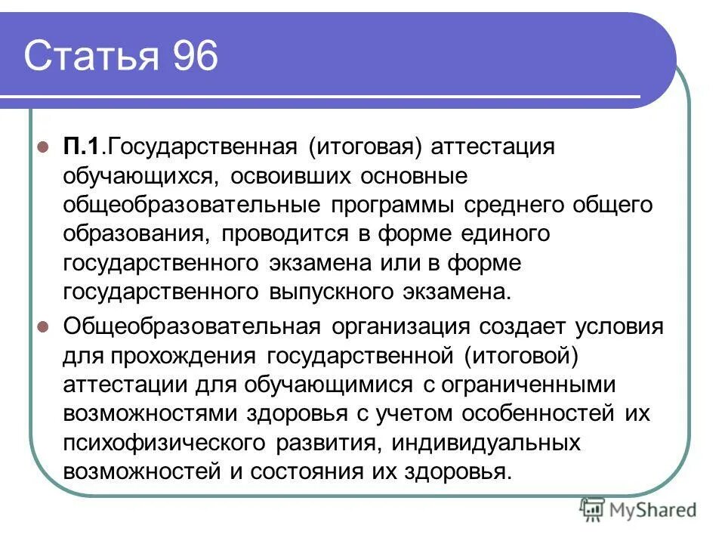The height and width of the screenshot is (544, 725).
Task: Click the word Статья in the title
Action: (89, 57)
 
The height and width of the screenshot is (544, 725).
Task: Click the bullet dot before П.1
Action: (43, 147)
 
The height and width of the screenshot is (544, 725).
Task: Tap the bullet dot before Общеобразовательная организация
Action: (43, 326)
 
